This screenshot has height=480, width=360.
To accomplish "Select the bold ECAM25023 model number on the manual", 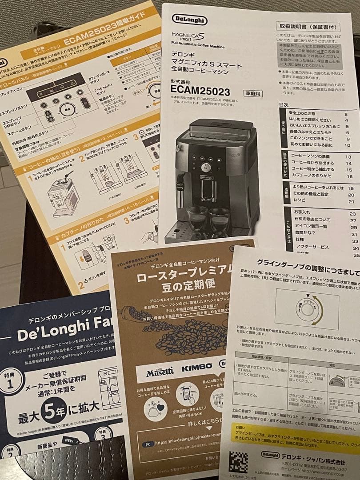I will (x=200, y=92).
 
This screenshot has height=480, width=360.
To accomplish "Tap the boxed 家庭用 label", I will (x=253, y=93).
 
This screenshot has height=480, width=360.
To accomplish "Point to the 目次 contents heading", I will (x=284, y=104).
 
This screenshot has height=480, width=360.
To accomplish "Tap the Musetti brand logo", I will (x=160, y=371).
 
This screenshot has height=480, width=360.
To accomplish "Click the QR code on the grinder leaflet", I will (x=239, y=462).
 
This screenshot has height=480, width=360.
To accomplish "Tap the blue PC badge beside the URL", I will (x=149, y=444).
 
